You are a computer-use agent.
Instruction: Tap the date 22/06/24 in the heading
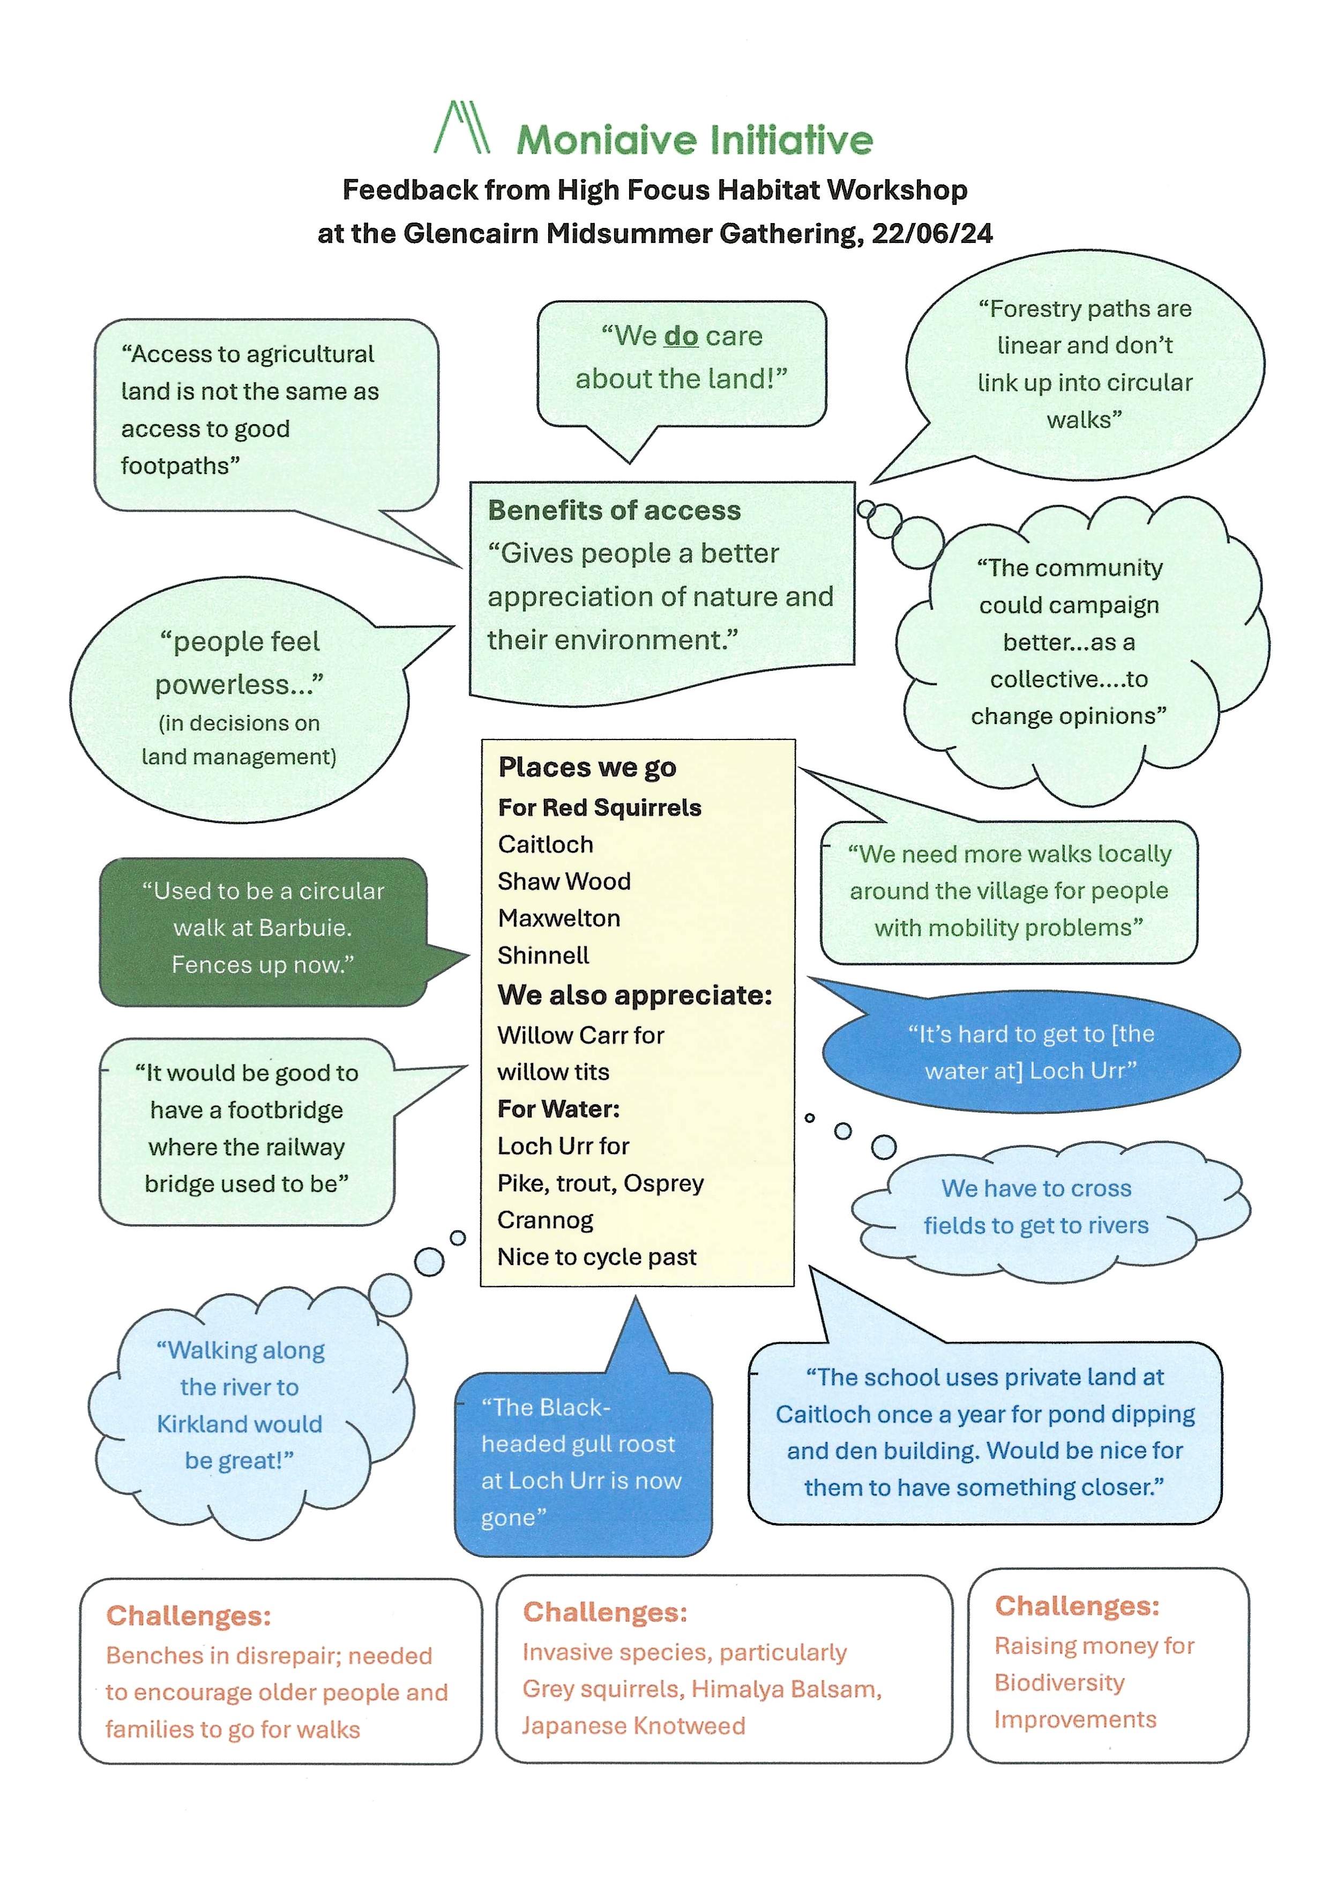pyautogui.click(x=931, y=234)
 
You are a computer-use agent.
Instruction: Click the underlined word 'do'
pyautogui.click(x=681, y=337)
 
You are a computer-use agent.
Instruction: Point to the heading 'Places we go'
pyautogui.click(x=587, y=767)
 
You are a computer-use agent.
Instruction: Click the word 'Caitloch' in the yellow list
pyautogui.click(x=545, y=844)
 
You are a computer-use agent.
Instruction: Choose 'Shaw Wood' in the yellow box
pyautogui.click(x=564, y=881)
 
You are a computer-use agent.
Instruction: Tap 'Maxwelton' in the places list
pyautogui.click(x=559, y=918)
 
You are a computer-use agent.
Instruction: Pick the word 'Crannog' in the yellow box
pyautogui.click(x=545, y=1220)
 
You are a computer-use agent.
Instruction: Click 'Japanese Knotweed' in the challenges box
pyautogui.click(x=633, y=1726)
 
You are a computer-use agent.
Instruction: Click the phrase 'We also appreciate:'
pyautogui.click(x=634, y=995)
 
